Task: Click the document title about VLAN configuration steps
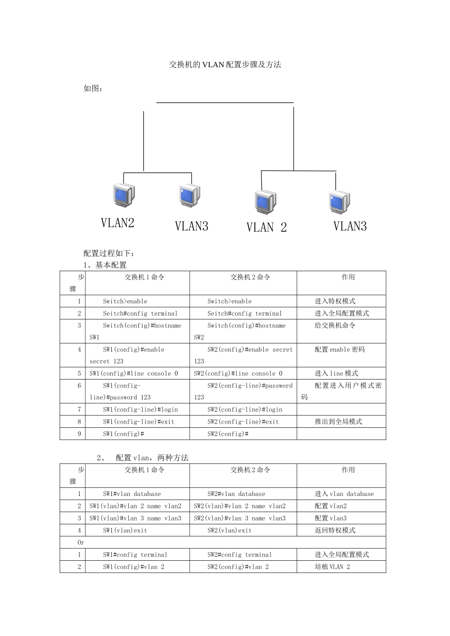(225, 64)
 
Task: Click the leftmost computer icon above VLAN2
(124, 195)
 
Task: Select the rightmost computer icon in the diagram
(339, 202)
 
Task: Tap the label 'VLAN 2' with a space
(266, 228)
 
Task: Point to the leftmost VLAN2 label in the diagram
(117, 223)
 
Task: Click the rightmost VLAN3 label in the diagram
(350, 226)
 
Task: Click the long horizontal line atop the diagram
(225, 103)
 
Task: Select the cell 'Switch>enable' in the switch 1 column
(125, 301)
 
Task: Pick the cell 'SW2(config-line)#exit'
(243, 422)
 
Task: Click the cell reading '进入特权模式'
(335, 301)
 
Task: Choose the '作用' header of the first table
(348, 277)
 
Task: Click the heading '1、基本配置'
(105, 265)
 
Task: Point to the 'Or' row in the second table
(81, 542)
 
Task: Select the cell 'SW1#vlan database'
(132, 494)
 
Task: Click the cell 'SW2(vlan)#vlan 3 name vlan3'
(240, 518)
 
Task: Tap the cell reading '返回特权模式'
(335, 530)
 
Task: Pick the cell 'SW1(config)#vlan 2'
(134, 567)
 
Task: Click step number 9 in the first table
(79, 434)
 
